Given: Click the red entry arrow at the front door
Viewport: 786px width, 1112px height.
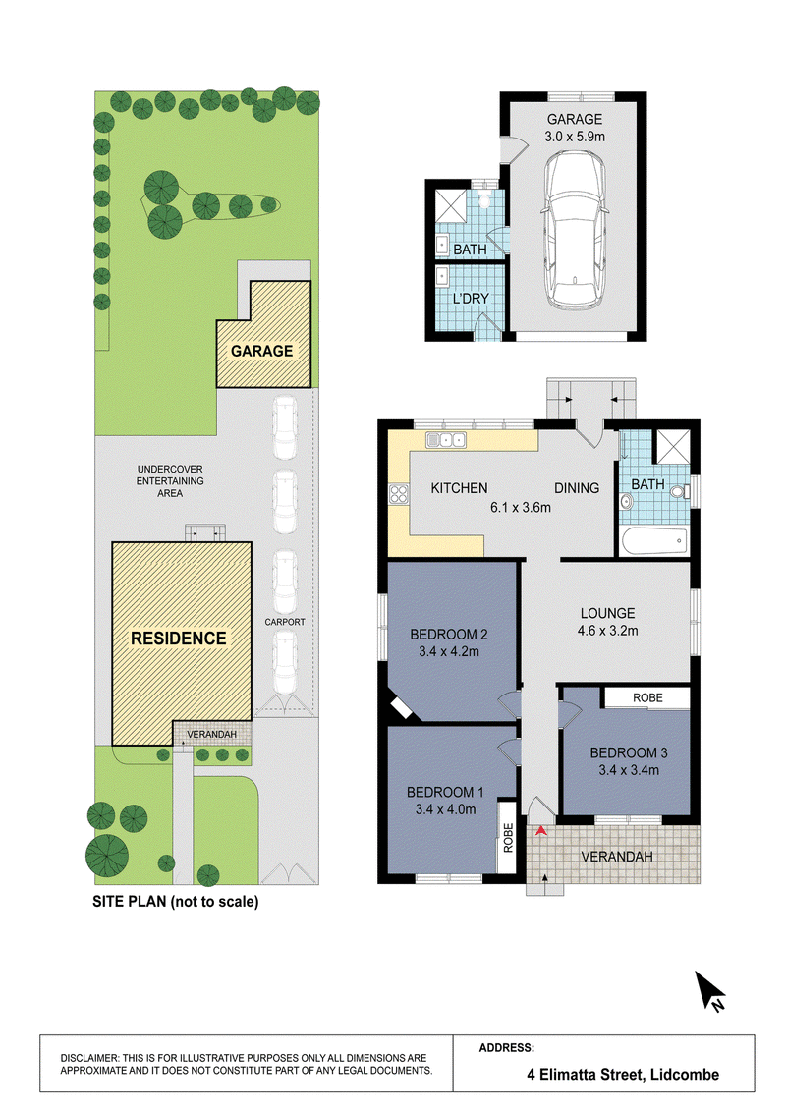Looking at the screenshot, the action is (x=541, y=830).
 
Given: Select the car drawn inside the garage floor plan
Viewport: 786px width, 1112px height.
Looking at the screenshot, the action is (x=574, y=228).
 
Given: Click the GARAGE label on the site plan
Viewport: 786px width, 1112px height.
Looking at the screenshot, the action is (x=261, y=351).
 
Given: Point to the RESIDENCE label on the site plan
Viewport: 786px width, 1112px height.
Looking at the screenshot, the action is (x=179, y=639).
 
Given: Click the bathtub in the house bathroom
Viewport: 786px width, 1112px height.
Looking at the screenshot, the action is (x=654, y=542).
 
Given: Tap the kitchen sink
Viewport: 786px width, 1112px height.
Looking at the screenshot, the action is (x=445, y=440).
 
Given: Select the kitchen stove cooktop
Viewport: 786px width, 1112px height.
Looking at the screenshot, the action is (x=399, y=493).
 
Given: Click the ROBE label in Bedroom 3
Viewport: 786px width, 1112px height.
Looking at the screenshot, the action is (x=647, y=697).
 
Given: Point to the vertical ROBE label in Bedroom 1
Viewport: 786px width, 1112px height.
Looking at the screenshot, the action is (x=508, y=837).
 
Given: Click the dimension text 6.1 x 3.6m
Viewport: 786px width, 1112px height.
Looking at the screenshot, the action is (x=521, y=507).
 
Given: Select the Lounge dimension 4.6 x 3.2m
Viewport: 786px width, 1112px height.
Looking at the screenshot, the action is (x=608, y=631).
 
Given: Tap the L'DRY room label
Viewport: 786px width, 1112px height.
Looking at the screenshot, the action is (x=471, y=299).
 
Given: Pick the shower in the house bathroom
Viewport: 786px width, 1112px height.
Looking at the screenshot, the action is (x=671, y=447).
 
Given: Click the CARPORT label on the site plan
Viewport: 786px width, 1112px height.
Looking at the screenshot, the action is (x=285, y=622).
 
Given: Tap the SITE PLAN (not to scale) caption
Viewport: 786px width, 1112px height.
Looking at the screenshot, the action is (x=176, y=902).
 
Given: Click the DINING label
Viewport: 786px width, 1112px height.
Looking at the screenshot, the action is (x=577, y=488).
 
